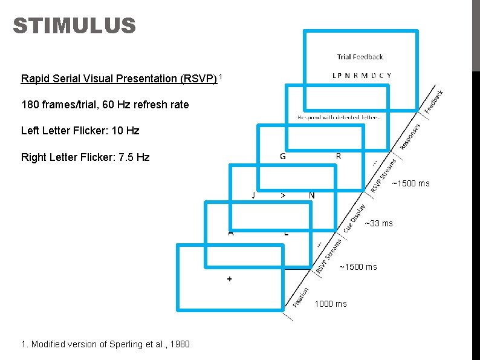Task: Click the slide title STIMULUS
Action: (74, 26)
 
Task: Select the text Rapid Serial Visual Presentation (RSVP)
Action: (118, 79)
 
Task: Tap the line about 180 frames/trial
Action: (105, 105)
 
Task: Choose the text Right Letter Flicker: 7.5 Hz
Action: (85, 157)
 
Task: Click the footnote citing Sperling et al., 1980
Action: (105, 344)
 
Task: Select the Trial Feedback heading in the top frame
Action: (360, 57)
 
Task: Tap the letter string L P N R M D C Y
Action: (362, 76)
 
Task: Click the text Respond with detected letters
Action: (339, 117)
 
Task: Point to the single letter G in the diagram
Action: (283, 156)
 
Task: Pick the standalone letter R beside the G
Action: (339, 156)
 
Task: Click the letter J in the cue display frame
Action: (254, 195)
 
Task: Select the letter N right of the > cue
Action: (311, 195)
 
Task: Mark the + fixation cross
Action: (230, 279)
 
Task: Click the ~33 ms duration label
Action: (379, 224)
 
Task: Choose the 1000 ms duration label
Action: (330, 304)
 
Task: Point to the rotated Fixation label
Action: (302, 298)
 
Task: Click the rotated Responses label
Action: (410, 137)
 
